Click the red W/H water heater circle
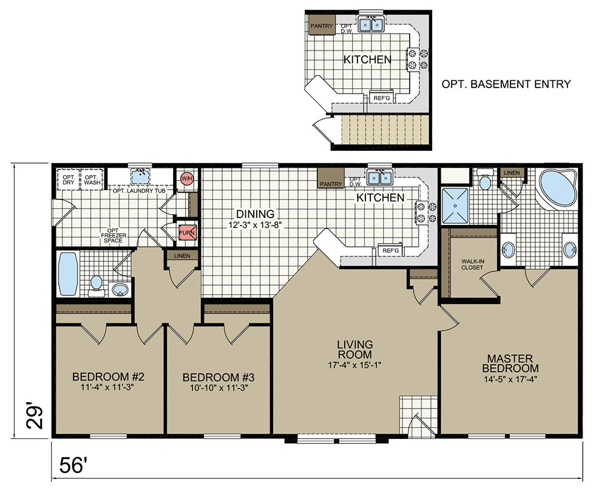186,179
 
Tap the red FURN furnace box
187,233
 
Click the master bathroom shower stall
455,205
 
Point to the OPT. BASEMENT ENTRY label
506,84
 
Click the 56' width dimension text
72,464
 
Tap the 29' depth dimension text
34,418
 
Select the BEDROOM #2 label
109,376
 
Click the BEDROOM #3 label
219,377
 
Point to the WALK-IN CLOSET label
472,264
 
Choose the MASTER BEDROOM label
510,363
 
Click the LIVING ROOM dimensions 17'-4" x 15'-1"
354,364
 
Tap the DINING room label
255,213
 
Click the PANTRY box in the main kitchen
331,178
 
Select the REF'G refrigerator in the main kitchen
390,251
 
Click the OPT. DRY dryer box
69,179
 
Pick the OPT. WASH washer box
92,179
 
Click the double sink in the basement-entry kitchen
371,24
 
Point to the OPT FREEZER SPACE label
113,236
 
